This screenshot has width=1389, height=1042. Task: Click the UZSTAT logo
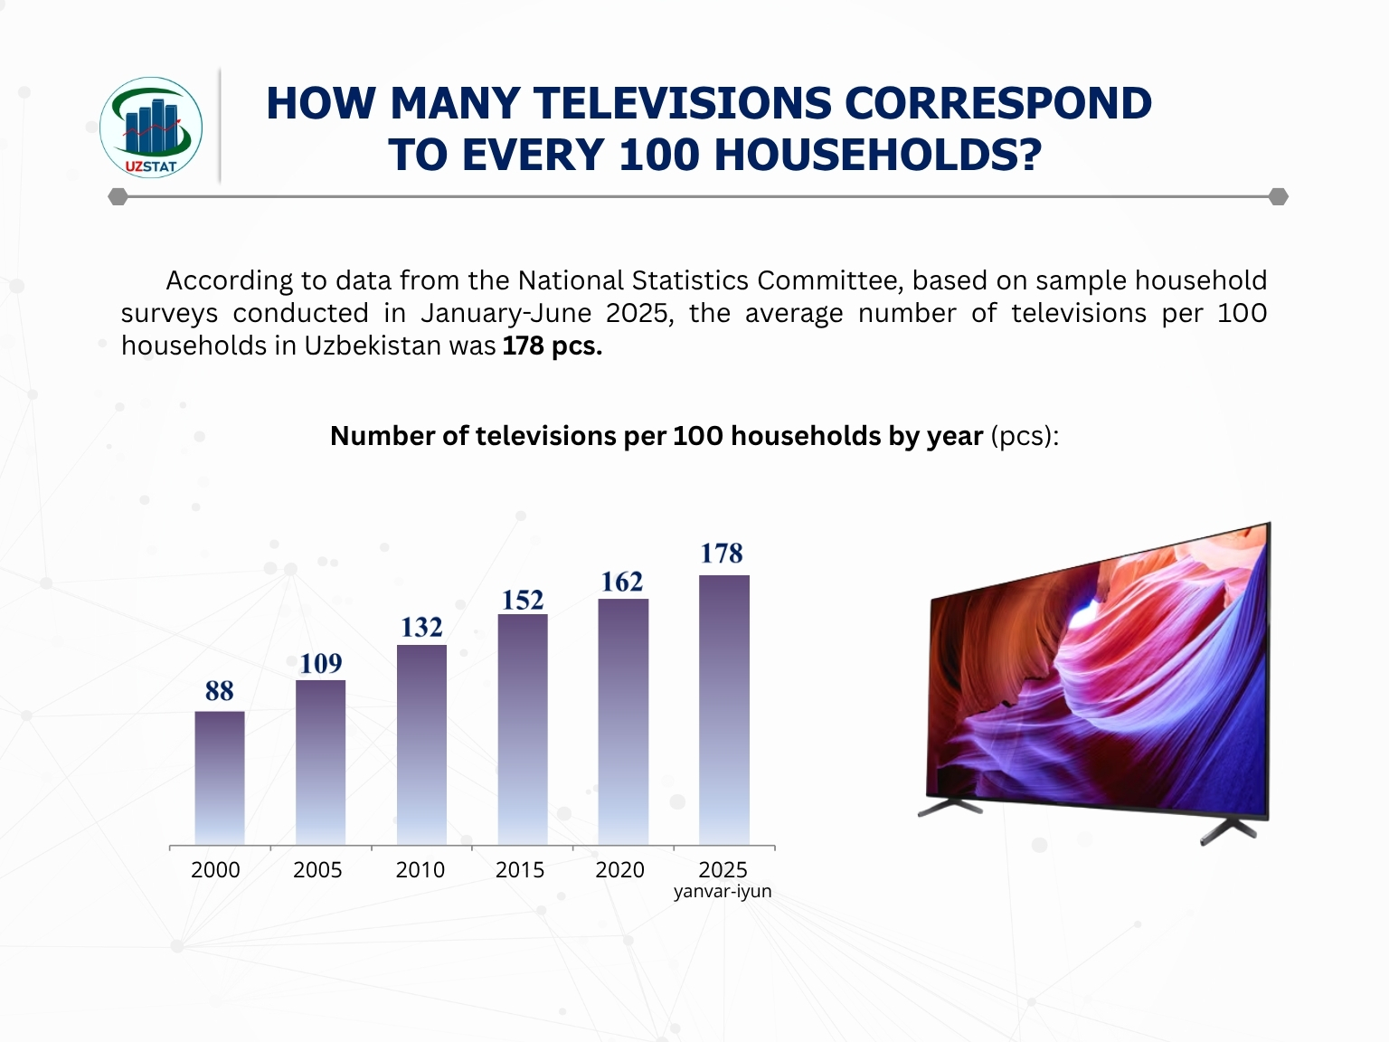pyautogui.click(x=151, y=127)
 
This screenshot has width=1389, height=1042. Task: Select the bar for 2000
pyautogui.click(x=220, y=778)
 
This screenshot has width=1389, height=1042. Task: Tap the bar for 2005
pyautogui.click(x=320, y=763)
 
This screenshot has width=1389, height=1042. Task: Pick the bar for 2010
pyautogui.click(x=421, y=744)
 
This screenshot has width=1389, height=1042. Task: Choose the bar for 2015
pyautogui.click(x=523, y=729)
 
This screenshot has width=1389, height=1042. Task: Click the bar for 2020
pyautogui.click(x=623, y=722)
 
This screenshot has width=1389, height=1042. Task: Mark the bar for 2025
pyautogui.click(x=724, y=710)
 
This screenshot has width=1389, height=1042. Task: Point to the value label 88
pyautogui.click(x=220, y=691)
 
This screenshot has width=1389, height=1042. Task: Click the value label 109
pyautogui.click(x=321, y=664)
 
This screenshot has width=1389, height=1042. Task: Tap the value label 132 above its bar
pyautogui.click(x=421, y=628)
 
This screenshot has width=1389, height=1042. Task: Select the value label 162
pyautogui.click(x=622, y=583)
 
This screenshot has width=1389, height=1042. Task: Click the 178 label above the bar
pyautogui.click(x=722, y=554)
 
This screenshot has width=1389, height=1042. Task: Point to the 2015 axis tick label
pyautogui.click(x=520, y=870)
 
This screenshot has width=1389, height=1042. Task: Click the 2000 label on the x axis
pyautogui.click(x=215, y=870)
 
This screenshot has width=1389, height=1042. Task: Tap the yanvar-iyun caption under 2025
pyautogui.click(x=723, y=892)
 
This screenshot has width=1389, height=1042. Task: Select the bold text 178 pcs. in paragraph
pyautogui.click(x=552, y=346)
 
